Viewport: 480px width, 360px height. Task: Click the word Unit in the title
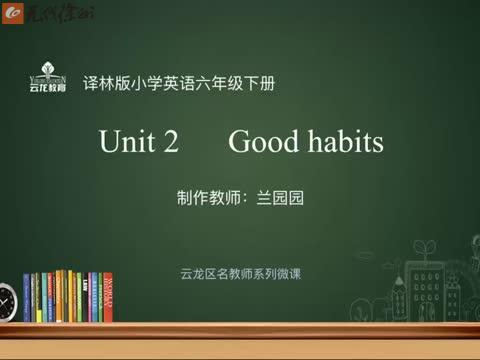tap(125, 143)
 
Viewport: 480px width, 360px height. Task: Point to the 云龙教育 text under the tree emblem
tap(48, 88)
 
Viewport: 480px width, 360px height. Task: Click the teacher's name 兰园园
tap(281, 197)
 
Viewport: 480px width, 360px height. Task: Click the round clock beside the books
tap(8, 299)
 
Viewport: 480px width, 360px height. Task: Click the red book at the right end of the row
tap(108, 297)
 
